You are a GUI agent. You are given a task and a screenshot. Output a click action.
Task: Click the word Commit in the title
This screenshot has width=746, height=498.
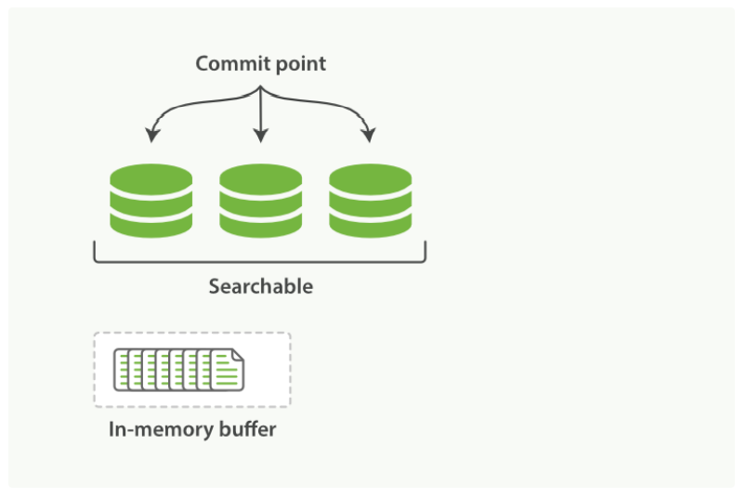[227, 64]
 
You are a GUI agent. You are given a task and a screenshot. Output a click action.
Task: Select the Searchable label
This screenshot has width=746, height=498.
[260, 286]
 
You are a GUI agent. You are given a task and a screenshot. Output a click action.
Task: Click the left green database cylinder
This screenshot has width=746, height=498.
[151, 200]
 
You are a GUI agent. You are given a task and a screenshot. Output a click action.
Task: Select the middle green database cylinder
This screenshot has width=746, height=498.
[261, 200]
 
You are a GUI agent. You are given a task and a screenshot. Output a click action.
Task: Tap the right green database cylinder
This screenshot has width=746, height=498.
[371, 200]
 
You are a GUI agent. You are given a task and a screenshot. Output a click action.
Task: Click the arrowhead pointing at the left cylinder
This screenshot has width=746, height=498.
[151, 138]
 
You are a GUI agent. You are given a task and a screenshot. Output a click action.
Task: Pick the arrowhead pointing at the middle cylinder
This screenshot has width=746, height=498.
[261, 137]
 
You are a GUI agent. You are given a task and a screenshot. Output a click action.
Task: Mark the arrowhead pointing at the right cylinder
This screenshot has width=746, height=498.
[370, 138]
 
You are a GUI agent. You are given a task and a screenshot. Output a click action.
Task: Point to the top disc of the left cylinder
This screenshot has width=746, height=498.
[151, 177]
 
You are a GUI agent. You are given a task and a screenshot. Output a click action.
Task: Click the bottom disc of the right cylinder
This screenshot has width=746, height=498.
[371, 223]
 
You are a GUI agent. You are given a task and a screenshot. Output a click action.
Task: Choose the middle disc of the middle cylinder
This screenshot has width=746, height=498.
[261, 201]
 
